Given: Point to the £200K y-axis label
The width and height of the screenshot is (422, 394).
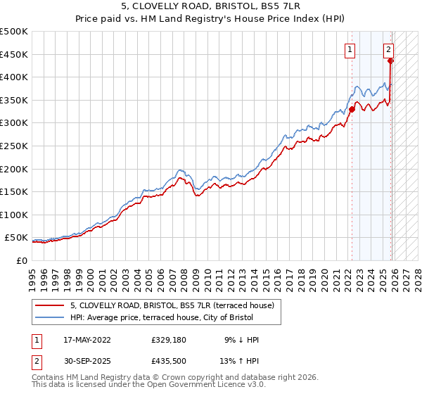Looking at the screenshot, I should tap(14, 169).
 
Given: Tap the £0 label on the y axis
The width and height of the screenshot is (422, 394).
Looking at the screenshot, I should tap(21, 260).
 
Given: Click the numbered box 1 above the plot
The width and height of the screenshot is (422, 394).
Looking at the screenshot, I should tap(350, 49).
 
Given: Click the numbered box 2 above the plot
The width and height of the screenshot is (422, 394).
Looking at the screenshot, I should tap(388, 49).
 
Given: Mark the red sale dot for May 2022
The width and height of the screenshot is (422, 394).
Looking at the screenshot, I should tap(352, 109).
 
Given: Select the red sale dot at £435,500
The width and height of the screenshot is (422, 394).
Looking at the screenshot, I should tap(391, 61).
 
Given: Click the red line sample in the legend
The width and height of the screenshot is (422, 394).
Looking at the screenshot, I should tap(50, 305).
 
